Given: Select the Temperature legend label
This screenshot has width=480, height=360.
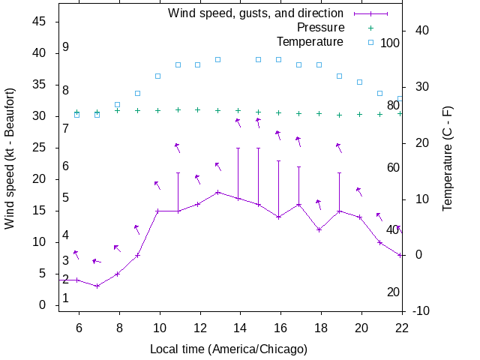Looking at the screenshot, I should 310,41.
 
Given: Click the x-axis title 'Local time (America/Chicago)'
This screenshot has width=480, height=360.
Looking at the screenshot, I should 229,349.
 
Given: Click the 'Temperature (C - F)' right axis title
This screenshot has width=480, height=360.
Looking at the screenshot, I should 448,158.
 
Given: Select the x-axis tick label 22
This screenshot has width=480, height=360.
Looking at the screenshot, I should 402,327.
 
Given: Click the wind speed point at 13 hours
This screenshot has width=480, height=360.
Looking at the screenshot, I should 218,192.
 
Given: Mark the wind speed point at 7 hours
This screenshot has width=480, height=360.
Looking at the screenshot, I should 97,286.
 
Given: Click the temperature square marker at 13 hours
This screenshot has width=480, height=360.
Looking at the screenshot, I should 218,59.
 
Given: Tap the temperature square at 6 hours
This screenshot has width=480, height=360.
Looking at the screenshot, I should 76,115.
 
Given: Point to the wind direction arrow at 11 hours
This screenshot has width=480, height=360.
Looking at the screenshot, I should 178,148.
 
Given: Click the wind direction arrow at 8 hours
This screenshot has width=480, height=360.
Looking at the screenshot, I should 117,247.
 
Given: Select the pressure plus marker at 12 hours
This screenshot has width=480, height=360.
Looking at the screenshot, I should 198,109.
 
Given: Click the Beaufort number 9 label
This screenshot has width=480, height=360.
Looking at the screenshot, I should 66,47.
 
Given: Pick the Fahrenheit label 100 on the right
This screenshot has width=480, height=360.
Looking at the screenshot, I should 390,43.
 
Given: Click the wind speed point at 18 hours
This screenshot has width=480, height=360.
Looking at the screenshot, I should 319,229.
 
